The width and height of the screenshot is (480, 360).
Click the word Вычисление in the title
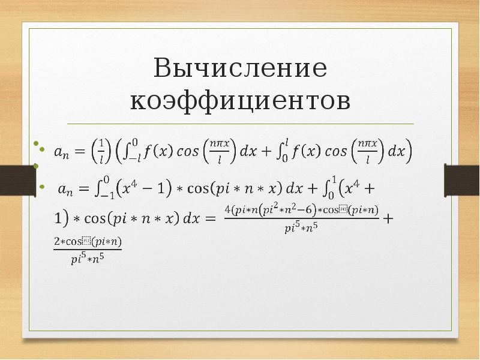pyautogui.click(x=240, y=70)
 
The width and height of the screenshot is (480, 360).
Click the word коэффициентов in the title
pyautogui.click(x=240, y=101)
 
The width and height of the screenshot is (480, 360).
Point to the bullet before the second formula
pyautogui.click(x=41, y=187)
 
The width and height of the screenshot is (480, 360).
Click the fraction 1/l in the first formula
pyautogui.click(x=102, y=150)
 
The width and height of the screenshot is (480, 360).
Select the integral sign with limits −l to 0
pyautogui.click(x=131, y=150)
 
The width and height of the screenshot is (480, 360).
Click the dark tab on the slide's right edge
pyautogui.click(x=461, y=178)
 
